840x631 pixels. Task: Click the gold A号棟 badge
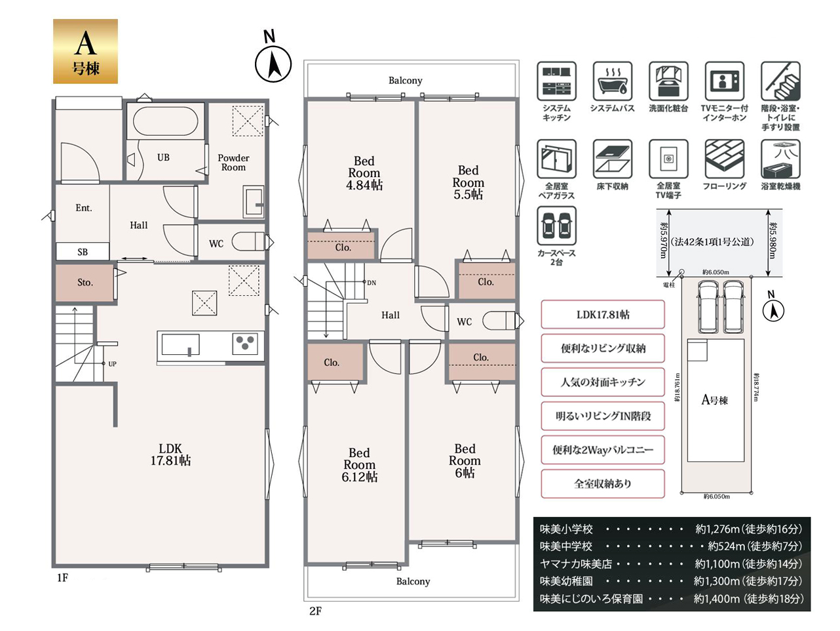pyautogui.click(x=85, y=51)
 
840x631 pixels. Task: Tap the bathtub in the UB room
pyautogui.click(x=165, y=121)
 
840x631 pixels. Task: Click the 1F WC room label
pyautogui.click(x=216, y=243)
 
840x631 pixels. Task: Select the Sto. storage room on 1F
pyautogui.click(x=85, y=283)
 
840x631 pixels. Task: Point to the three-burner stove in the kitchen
pyautogui.click(x=245, y=343)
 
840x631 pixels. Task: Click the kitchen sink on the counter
pyautogui.click(x=181, y=344)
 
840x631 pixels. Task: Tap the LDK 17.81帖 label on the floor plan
pyautogui.click(x=170, y=455)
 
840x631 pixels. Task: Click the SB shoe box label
pyautogui.click(x=83, y=252)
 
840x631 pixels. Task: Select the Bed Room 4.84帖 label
pyautogui.click(x=364, y=173)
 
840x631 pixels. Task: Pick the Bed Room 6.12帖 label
pyautogui.click(x=359, y=465)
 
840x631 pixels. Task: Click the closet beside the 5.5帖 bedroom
pyautogui.click(x=486, y=281)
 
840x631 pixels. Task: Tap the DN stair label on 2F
pyautogui.click(x=372, y=283)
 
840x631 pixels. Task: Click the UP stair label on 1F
pyautogui.click(x=112, y=364)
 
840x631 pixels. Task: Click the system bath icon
pyautogui.click(x=612, y=81)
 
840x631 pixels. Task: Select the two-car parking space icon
pyautogui.click(x=556, y=226)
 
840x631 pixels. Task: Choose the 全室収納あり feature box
pyautogui.click(x=603, y=484)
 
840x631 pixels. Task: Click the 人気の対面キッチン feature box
pyautogui.click(x=603, y=382)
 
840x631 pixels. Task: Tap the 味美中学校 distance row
pyautogui.click(x=671, y=546)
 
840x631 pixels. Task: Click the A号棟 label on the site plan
pyautogui.click(x=714, y=400)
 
